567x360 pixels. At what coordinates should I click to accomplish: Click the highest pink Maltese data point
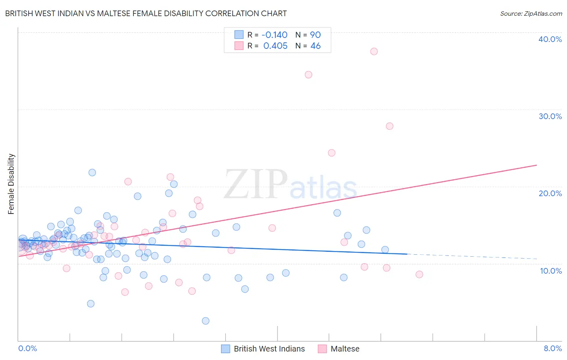click(374, 51)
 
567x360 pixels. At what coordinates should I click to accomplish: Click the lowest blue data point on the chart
click(206, 321)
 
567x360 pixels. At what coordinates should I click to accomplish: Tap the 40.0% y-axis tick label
click(550, 39)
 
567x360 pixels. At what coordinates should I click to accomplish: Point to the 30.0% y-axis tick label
click(550, 116)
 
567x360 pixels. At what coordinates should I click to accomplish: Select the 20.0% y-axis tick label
click(550, 193)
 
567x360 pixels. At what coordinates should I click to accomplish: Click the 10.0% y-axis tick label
click(550, 271)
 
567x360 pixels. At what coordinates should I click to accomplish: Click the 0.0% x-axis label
click(27, 348)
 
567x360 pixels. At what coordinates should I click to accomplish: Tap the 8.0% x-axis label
click(552, 348)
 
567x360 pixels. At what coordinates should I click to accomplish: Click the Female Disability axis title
click(11, 184)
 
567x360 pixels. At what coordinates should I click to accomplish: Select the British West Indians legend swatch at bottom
click(226, 349)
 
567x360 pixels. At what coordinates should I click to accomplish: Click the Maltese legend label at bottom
click(345, 349)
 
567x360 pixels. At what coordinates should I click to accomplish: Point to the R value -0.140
click(275, 35)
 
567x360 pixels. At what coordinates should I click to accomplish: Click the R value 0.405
click(275, 46)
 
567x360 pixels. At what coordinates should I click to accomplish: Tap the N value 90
click(315, 35)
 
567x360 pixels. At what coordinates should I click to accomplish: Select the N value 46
click(315, 46)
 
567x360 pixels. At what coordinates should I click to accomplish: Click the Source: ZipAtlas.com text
click(531, 13)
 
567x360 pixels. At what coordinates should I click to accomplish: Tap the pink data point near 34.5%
click(309, 74)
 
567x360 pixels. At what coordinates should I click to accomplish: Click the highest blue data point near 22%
click(92, 172)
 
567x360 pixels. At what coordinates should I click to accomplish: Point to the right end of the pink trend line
click(536, 165)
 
